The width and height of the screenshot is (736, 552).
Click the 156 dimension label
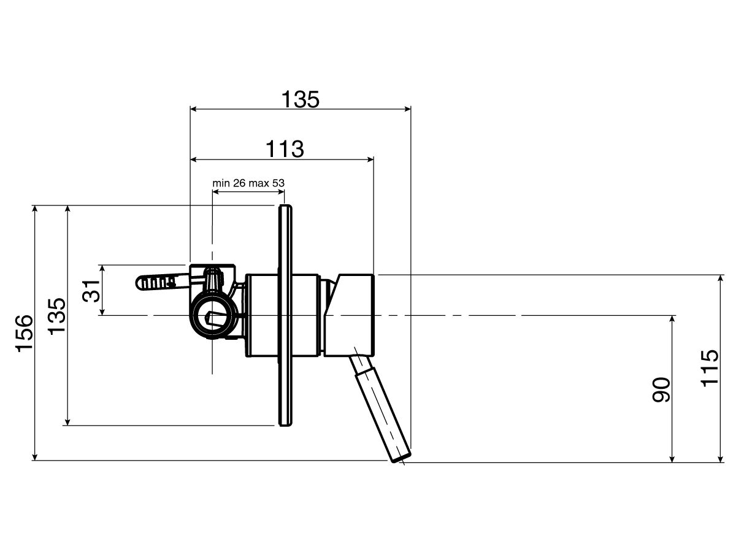pos(24,334)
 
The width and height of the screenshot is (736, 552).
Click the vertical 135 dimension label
pos(56,316)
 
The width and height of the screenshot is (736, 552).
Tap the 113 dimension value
pos(285,149)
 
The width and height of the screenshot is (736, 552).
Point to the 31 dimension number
pos(91,290)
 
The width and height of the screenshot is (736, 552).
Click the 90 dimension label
pos(661,389)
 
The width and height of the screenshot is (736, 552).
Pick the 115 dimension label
pos(710,368)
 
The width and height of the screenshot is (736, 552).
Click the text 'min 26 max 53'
pos(248,183)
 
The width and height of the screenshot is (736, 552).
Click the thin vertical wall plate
pos(285,315)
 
